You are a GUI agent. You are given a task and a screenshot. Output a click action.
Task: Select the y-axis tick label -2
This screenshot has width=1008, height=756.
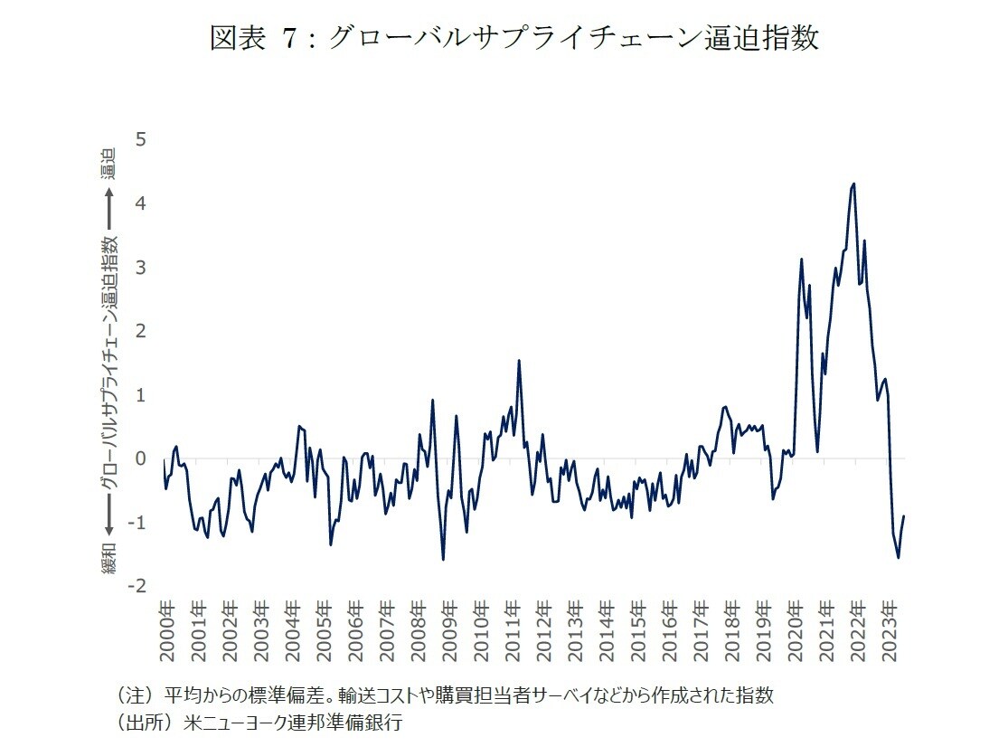coord(137,586)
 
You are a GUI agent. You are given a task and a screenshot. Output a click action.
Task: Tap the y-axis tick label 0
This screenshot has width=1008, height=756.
coord(140,458)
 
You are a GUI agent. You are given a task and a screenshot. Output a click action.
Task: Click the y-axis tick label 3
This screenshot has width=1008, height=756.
coord(140,268)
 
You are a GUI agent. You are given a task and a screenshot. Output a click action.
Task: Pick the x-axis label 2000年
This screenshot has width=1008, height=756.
coord(166,629)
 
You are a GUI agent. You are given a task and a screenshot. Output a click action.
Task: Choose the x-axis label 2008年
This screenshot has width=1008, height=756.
coord(419,629)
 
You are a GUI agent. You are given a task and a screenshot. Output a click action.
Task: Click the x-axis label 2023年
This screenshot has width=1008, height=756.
coord(890,629)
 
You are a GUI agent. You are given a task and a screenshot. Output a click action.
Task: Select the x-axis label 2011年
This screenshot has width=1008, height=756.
coord(513,629)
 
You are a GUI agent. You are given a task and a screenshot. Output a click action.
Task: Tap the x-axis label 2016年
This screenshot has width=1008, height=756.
coord(670,629)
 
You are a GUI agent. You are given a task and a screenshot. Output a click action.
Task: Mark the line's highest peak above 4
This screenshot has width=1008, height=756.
coord(854,184)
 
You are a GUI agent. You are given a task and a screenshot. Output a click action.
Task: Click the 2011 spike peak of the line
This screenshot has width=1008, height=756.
coord(519,361)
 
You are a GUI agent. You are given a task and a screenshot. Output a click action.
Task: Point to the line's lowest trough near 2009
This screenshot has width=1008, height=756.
coord(443,559)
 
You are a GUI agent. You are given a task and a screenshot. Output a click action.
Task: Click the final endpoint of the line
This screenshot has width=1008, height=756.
coord(904,516)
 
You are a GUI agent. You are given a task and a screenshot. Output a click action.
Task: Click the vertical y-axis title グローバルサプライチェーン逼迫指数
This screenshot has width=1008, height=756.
coord(109,362)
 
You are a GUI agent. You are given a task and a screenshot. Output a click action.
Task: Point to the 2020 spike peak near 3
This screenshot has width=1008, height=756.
coord(801,260)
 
